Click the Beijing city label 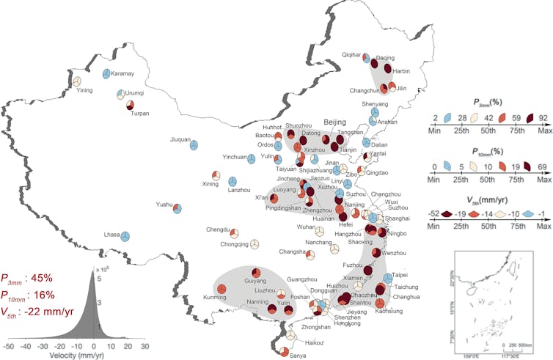coord(334,122)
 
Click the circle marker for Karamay coord(107,73)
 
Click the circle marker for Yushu coord(177,208)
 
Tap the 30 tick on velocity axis coord(144,345)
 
